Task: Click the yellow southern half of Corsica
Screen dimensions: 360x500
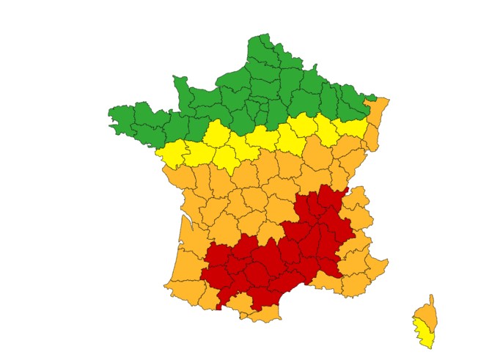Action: coord(423,333)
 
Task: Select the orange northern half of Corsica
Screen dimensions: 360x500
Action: coord(428,314)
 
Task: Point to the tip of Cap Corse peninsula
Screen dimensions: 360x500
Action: coord(433,296)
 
